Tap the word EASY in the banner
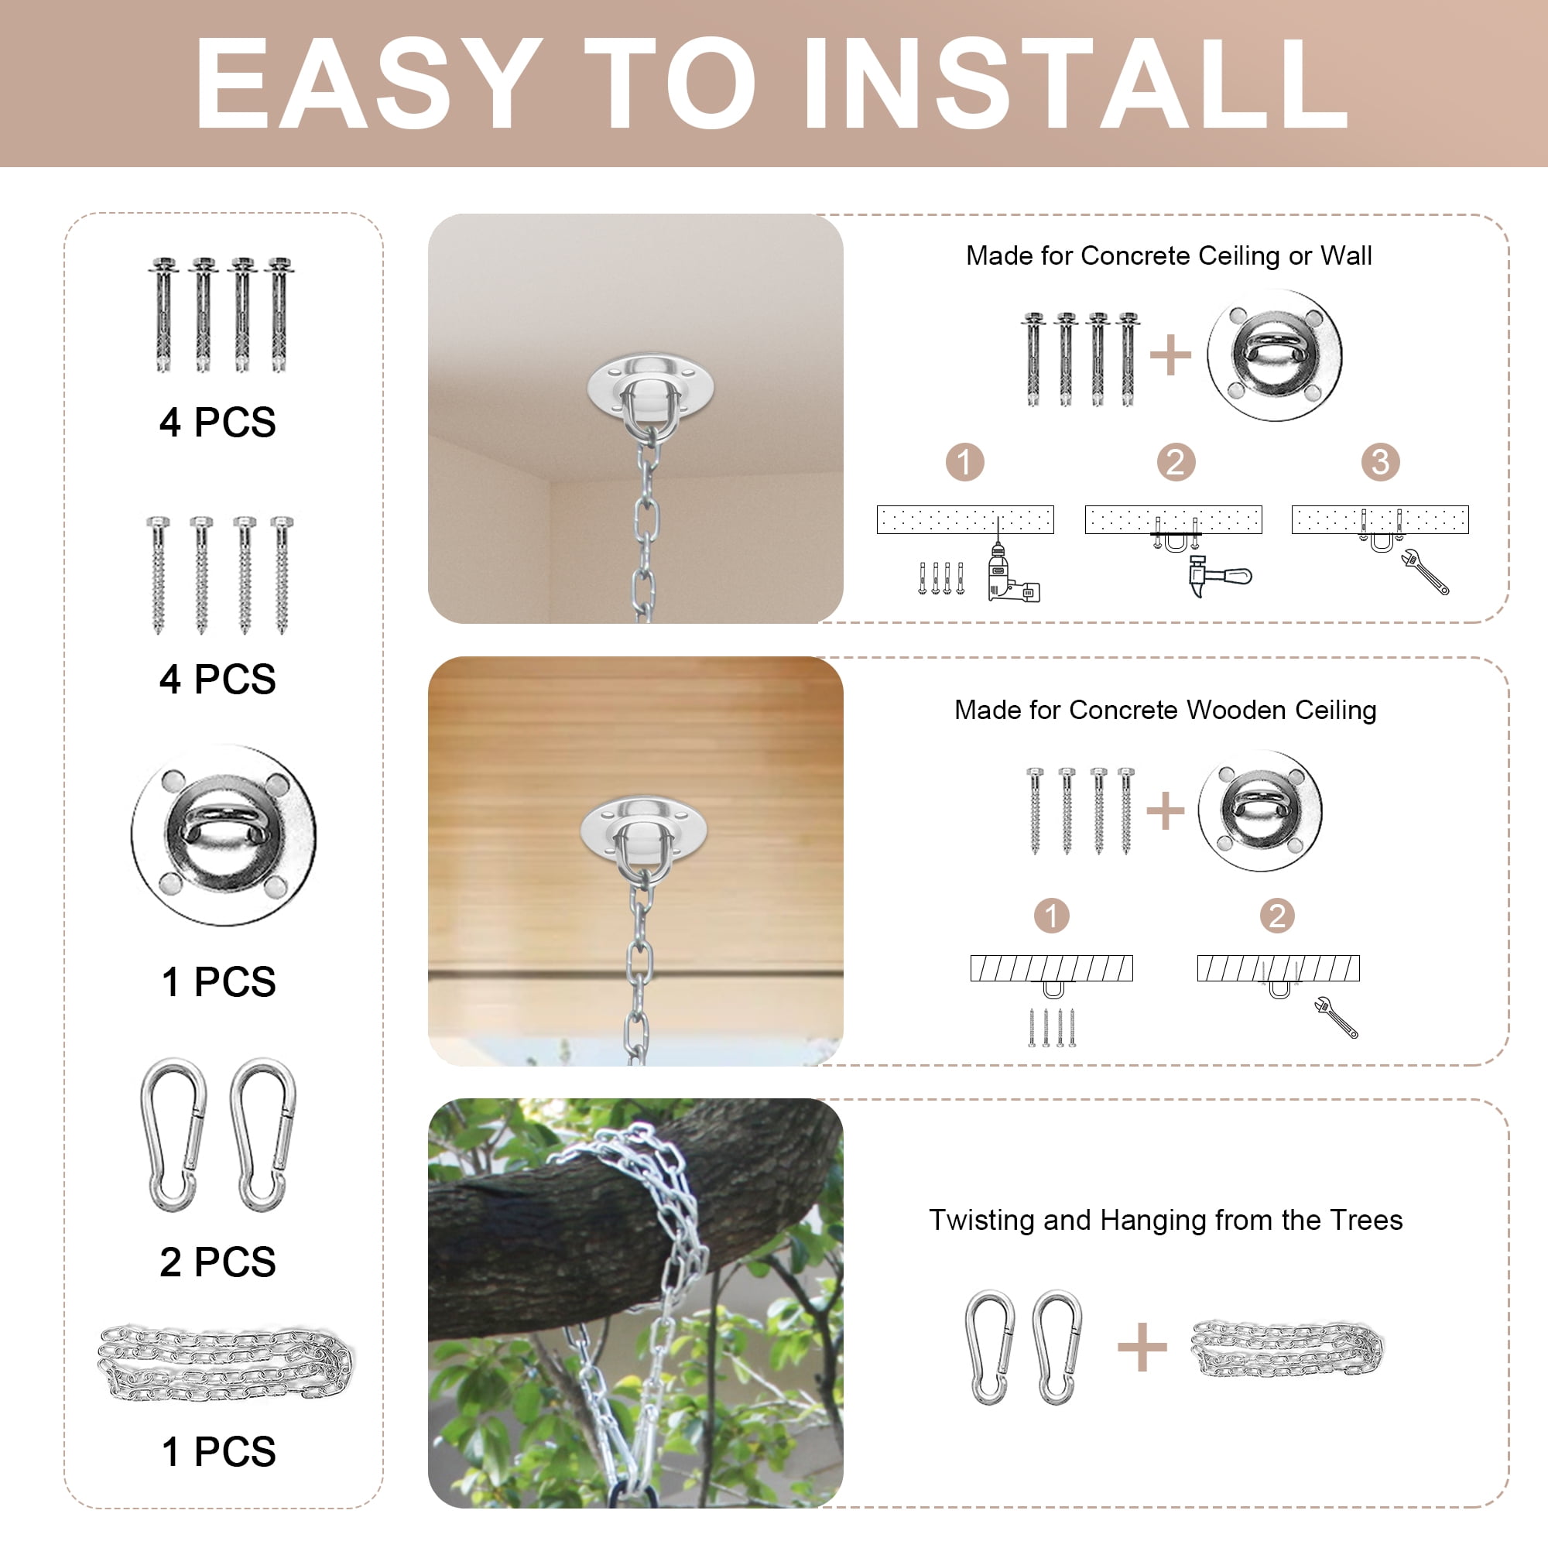368,84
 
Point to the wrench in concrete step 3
1426,571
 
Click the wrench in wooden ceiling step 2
1337,1018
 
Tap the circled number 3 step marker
1381,462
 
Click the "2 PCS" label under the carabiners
218,1262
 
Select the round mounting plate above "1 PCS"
224,835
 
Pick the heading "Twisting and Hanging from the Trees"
1166,1220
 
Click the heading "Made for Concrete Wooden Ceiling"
1166,710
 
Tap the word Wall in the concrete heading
1346,255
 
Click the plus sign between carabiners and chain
1142,1347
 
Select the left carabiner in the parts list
173,1135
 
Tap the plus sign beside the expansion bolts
1170,355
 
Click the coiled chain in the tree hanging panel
1288,1349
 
